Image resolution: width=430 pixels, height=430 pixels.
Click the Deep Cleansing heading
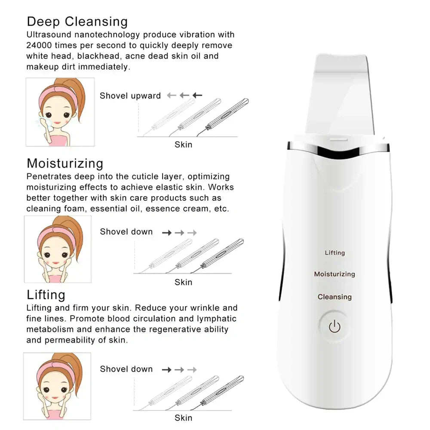(x=77, y=21)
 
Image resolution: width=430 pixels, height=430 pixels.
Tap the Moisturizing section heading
(x=65, y=163)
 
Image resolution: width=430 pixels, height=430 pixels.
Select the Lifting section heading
(x=46, y=295)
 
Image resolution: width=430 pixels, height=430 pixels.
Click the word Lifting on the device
(x=335, y=253)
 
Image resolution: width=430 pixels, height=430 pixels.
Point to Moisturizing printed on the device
(x=334, y=274)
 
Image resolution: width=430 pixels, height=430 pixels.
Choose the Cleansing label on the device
(x=335, y=297)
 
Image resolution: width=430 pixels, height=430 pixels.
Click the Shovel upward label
(x=130, y=96)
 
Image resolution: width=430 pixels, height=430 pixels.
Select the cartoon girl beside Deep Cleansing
(x=60, y=112)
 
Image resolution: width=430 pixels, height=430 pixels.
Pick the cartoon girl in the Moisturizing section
(x=58, y=249)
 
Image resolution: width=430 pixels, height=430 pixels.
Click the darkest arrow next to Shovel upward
(x=197, y=95)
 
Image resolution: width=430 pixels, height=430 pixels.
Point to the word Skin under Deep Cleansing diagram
(x=183, y=144)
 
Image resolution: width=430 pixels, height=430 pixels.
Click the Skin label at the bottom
(x=183, y=418)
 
